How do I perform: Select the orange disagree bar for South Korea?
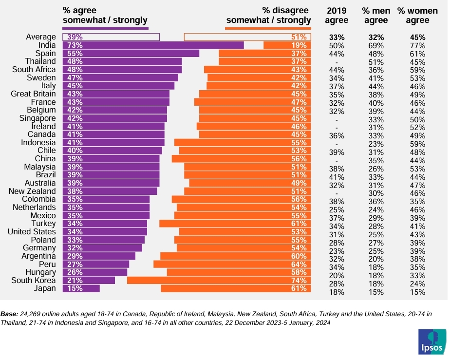[x=219, y=281]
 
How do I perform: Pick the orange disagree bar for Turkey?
[x=235, y=224]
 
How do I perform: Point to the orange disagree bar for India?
[x=287, y=45]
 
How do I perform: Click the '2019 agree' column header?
[x=337, y=15]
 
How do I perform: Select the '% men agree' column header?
[x=376, y=15]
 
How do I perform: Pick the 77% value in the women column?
[x=418, y=45]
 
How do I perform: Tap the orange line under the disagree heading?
[x=268, y=28]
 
